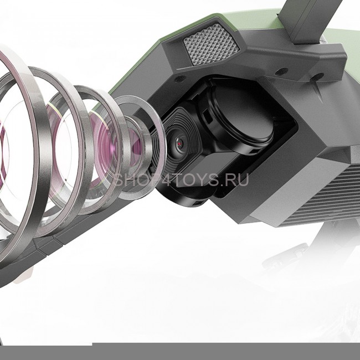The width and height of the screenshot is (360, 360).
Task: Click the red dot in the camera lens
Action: [x=179, y=144]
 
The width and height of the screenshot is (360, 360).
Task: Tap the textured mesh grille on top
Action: [x=212, y=44]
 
